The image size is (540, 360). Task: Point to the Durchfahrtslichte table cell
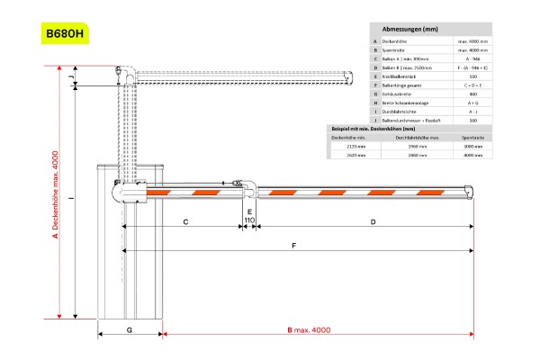pyautogui.click(x=404, y=112)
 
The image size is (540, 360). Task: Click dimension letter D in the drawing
pyautogui.click(x=373, y=220)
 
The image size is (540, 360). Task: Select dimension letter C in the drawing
pyautogui.click(x=184, y=220)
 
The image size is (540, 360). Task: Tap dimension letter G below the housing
pyautogui.click(x=130, y=330)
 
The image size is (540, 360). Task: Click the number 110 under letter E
pyautogui.click(x=249, y=220)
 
